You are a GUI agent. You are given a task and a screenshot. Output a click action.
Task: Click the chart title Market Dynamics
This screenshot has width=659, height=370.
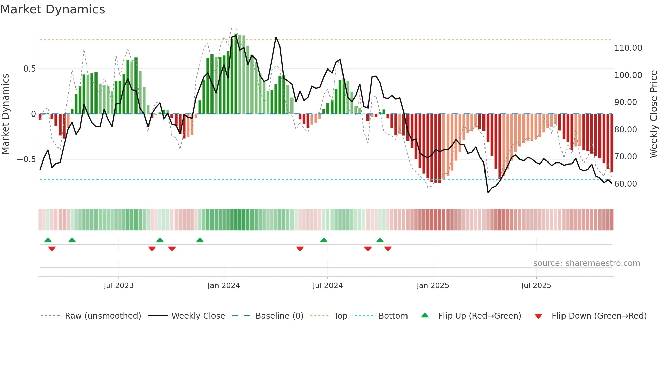(x=52, y=9)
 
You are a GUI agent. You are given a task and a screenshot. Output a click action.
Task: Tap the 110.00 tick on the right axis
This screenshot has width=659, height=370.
(x=628, y=48)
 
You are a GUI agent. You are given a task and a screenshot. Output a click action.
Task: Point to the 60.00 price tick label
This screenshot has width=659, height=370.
(x=625, y=184)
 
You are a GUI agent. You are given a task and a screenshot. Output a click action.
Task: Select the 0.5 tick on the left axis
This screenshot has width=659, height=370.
(x=29, y=69)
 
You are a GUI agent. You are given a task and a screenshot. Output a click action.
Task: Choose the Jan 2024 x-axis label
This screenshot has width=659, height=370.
(x=224, y=286)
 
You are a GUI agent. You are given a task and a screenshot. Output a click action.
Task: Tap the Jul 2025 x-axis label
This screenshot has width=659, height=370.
(x=536, y=286)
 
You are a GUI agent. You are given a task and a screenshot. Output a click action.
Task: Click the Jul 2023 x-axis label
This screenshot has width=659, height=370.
(x=118, y=286)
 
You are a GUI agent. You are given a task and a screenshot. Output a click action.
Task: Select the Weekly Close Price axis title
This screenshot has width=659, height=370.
(x=653, y=114)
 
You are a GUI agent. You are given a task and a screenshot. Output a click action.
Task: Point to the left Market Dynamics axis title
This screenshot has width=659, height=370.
(x=5, y=114)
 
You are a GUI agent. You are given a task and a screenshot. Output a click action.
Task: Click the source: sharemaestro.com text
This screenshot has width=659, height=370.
(x=586, y=263)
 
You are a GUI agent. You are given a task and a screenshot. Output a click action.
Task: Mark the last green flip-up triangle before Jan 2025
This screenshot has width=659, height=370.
(x=380, y=240)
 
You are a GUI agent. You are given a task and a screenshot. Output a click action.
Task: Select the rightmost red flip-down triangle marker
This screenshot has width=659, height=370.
(x=388, y=249)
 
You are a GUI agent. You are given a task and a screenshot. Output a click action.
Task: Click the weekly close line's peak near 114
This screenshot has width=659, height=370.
(x=276, y=37)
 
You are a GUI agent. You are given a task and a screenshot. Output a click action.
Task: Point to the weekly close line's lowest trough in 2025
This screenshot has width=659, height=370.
(x=488, y=192)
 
